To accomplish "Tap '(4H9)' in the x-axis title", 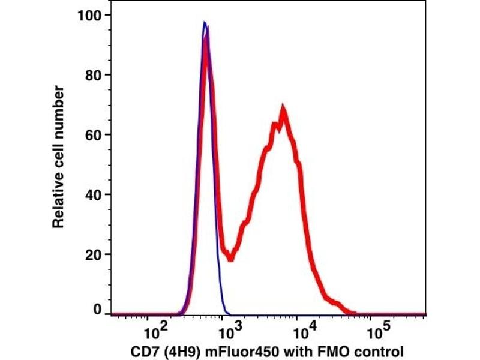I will click(x=176, y=350).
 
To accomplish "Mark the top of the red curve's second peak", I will click(x=282, y=110).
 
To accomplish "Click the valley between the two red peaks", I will click(x=230, y=257).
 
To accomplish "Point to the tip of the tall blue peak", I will click(x=205, y=23).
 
